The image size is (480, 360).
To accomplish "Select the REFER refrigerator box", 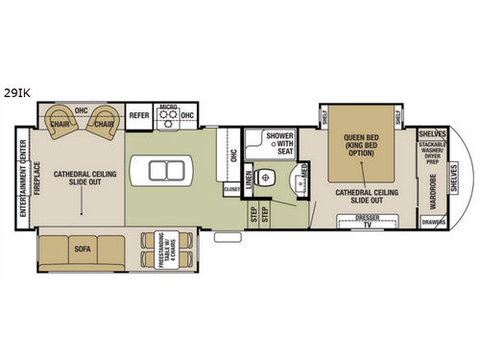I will [139, 113].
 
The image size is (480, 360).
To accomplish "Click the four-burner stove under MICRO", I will [169, 119].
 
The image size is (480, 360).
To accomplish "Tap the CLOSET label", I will [232, 190].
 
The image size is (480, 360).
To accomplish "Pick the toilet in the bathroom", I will [269, 177].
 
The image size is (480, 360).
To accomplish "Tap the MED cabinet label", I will [303, 173].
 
